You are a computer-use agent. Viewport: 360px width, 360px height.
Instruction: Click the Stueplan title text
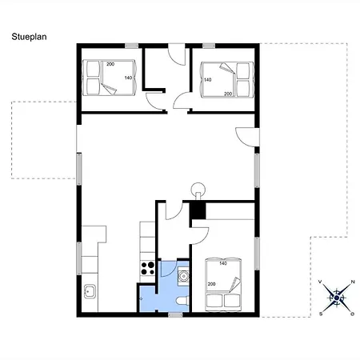coord(29,37)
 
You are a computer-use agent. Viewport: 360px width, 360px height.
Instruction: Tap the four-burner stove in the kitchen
coord(147,268)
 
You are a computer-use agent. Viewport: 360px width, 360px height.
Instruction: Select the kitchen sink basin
coord(90,291)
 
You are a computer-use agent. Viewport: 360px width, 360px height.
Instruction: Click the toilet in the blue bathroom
coord(182,301)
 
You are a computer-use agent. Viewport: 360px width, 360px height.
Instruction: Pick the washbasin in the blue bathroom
coord(183,276)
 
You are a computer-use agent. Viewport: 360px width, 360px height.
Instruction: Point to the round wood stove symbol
coord(198,190)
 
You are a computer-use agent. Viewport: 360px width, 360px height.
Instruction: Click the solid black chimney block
coord(198,210)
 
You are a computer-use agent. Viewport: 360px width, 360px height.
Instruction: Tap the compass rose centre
coord(337,298)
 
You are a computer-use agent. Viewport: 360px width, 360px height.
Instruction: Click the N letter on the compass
coord(353,282)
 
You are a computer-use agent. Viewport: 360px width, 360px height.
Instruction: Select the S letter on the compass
coord(321,314)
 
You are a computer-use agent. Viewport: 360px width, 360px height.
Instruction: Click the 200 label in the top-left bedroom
coord(110,64)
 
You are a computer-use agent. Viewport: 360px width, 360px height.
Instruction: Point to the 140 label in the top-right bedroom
coord(207,79)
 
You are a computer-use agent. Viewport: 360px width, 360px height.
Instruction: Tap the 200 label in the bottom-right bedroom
coord(211,284)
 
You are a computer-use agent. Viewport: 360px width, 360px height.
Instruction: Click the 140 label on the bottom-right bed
coord(223,263)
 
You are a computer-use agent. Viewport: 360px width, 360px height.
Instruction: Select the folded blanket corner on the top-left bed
coord(110,90)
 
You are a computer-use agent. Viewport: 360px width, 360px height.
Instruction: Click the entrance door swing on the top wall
coord(177,54)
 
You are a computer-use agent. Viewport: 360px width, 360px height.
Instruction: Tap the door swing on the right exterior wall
coord(247,137)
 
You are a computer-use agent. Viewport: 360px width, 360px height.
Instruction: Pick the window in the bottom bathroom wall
coord(175,315)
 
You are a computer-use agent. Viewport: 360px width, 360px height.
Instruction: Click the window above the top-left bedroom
coord(132,46)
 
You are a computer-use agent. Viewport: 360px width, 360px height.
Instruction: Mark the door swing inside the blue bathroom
coord(169,268)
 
